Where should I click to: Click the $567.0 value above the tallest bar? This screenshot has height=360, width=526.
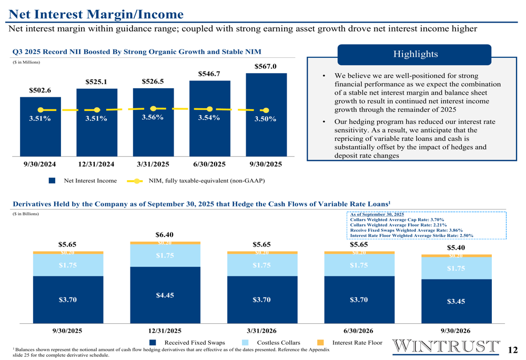click(x=265, y=66)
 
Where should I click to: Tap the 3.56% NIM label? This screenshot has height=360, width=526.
click(x=153, y=117)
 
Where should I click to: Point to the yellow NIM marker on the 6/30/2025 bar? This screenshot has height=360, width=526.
click(x=209, y=109)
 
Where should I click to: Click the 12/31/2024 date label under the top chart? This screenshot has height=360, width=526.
click(x=96, y=164)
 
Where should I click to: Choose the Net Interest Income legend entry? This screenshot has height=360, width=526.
click(x=83, y=181)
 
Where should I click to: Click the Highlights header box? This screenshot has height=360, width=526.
click(x=414, y=55)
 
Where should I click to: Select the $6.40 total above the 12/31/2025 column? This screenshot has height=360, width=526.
click(x=165, y=234)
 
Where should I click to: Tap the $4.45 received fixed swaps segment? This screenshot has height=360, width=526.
click(x=165, y=295)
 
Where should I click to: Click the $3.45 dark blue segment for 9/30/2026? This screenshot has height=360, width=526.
click(x=456, y=301)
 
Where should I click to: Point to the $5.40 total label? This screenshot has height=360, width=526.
click(x=456, y=247)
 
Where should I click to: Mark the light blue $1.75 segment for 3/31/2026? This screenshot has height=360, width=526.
click(x=261, y=265)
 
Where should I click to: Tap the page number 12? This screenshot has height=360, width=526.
click(x=513, y=349)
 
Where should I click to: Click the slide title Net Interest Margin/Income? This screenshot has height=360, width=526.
click(x=96, y=14)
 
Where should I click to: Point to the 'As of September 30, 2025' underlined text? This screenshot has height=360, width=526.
click(x=377, y=214)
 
